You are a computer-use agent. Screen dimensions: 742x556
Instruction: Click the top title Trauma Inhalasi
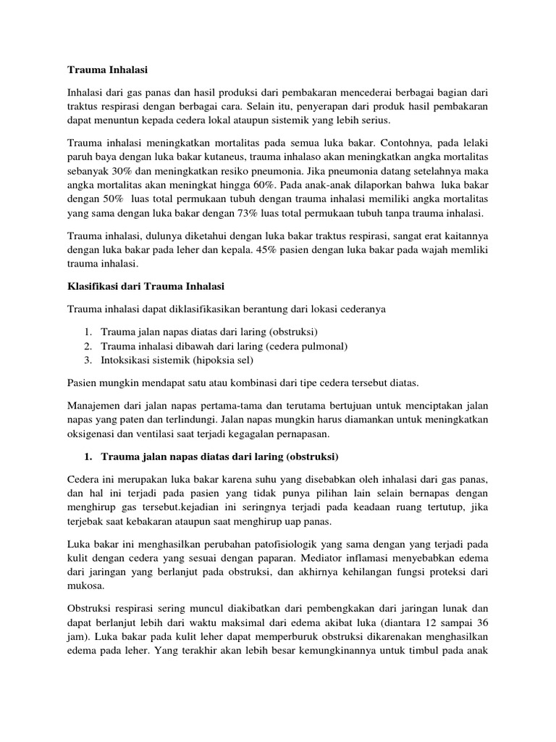pyautogui.click(x=98, y=70)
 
